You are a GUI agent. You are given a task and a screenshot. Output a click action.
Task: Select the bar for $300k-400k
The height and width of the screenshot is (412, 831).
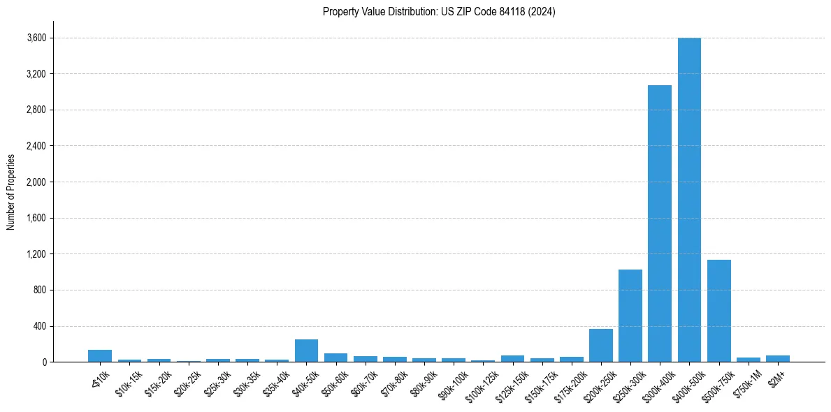tap(660, 223)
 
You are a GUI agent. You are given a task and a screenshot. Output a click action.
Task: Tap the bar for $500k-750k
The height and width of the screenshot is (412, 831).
tap(718, 311)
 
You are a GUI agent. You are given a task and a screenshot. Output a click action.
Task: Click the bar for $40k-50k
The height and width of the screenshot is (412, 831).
tap(306, 351)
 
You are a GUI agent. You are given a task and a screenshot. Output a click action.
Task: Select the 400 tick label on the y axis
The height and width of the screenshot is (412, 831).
tap(40, 326)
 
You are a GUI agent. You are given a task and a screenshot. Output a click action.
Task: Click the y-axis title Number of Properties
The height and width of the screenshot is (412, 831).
tap(10, 192)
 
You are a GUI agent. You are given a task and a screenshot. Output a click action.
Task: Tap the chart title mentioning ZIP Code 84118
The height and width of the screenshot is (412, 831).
tap(439, 12)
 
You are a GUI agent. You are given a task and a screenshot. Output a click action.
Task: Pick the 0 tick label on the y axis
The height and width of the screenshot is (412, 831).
tap(44, 362)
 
